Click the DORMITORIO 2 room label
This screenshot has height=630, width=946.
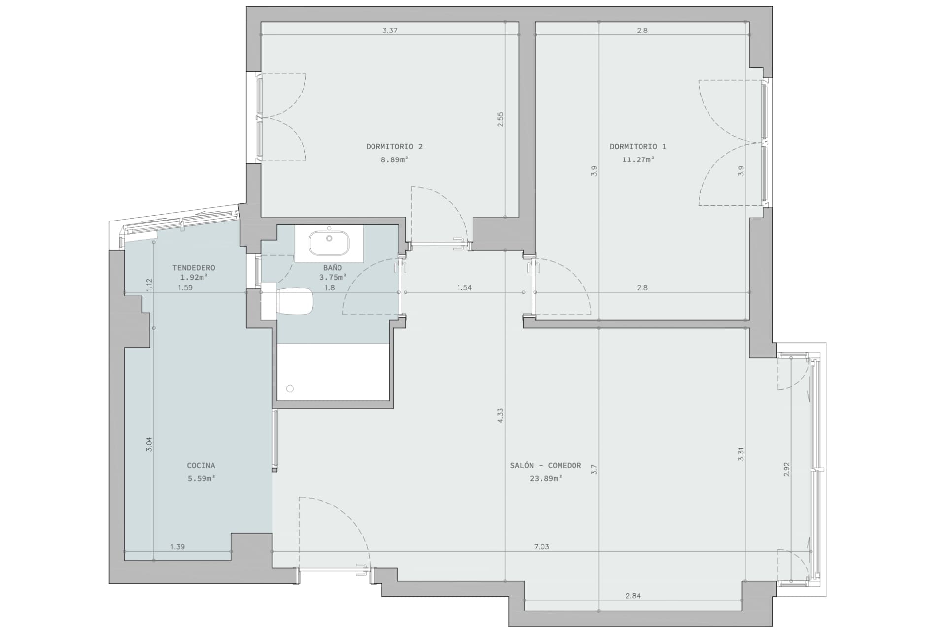pos(394,147)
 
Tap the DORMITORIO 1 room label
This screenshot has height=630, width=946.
pos(638,147)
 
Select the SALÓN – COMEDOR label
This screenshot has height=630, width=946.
pos(545,465)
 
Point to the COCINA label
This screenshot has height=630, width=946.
pos(201,465)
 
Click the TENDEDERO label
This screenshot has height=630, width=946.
pos(194,268)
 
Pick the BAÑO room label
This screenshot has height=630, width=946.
pos(333,268)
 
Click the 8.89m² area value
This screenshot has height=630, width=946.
pos(394,159)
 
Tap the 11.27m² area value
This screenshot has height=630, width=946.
pos(638,159)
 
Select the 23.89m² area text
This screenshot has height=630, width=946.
pos(545,478)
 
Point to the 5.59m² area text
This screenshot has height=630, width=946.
pos(201,478)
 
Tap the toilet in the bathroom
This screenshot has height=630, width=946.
pos(294,301)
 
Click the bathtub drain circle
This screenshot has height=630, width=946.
pos(290,389)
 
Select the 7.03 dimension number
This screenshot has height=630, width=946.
pos(541,547)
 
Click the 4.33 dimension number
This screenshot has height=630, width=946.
pos(500,415)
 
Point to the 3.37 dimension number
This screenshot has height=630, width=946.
pos(390,31)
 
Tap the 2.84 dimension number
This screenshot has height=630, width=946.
pos(633,596)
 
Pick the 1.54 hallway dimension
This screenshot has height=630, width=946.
pos(464,288)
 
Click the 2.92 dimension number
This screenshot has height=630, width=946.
pos(786,469)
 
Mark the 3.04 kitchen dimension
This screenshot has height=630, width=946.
pos(150,444)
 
